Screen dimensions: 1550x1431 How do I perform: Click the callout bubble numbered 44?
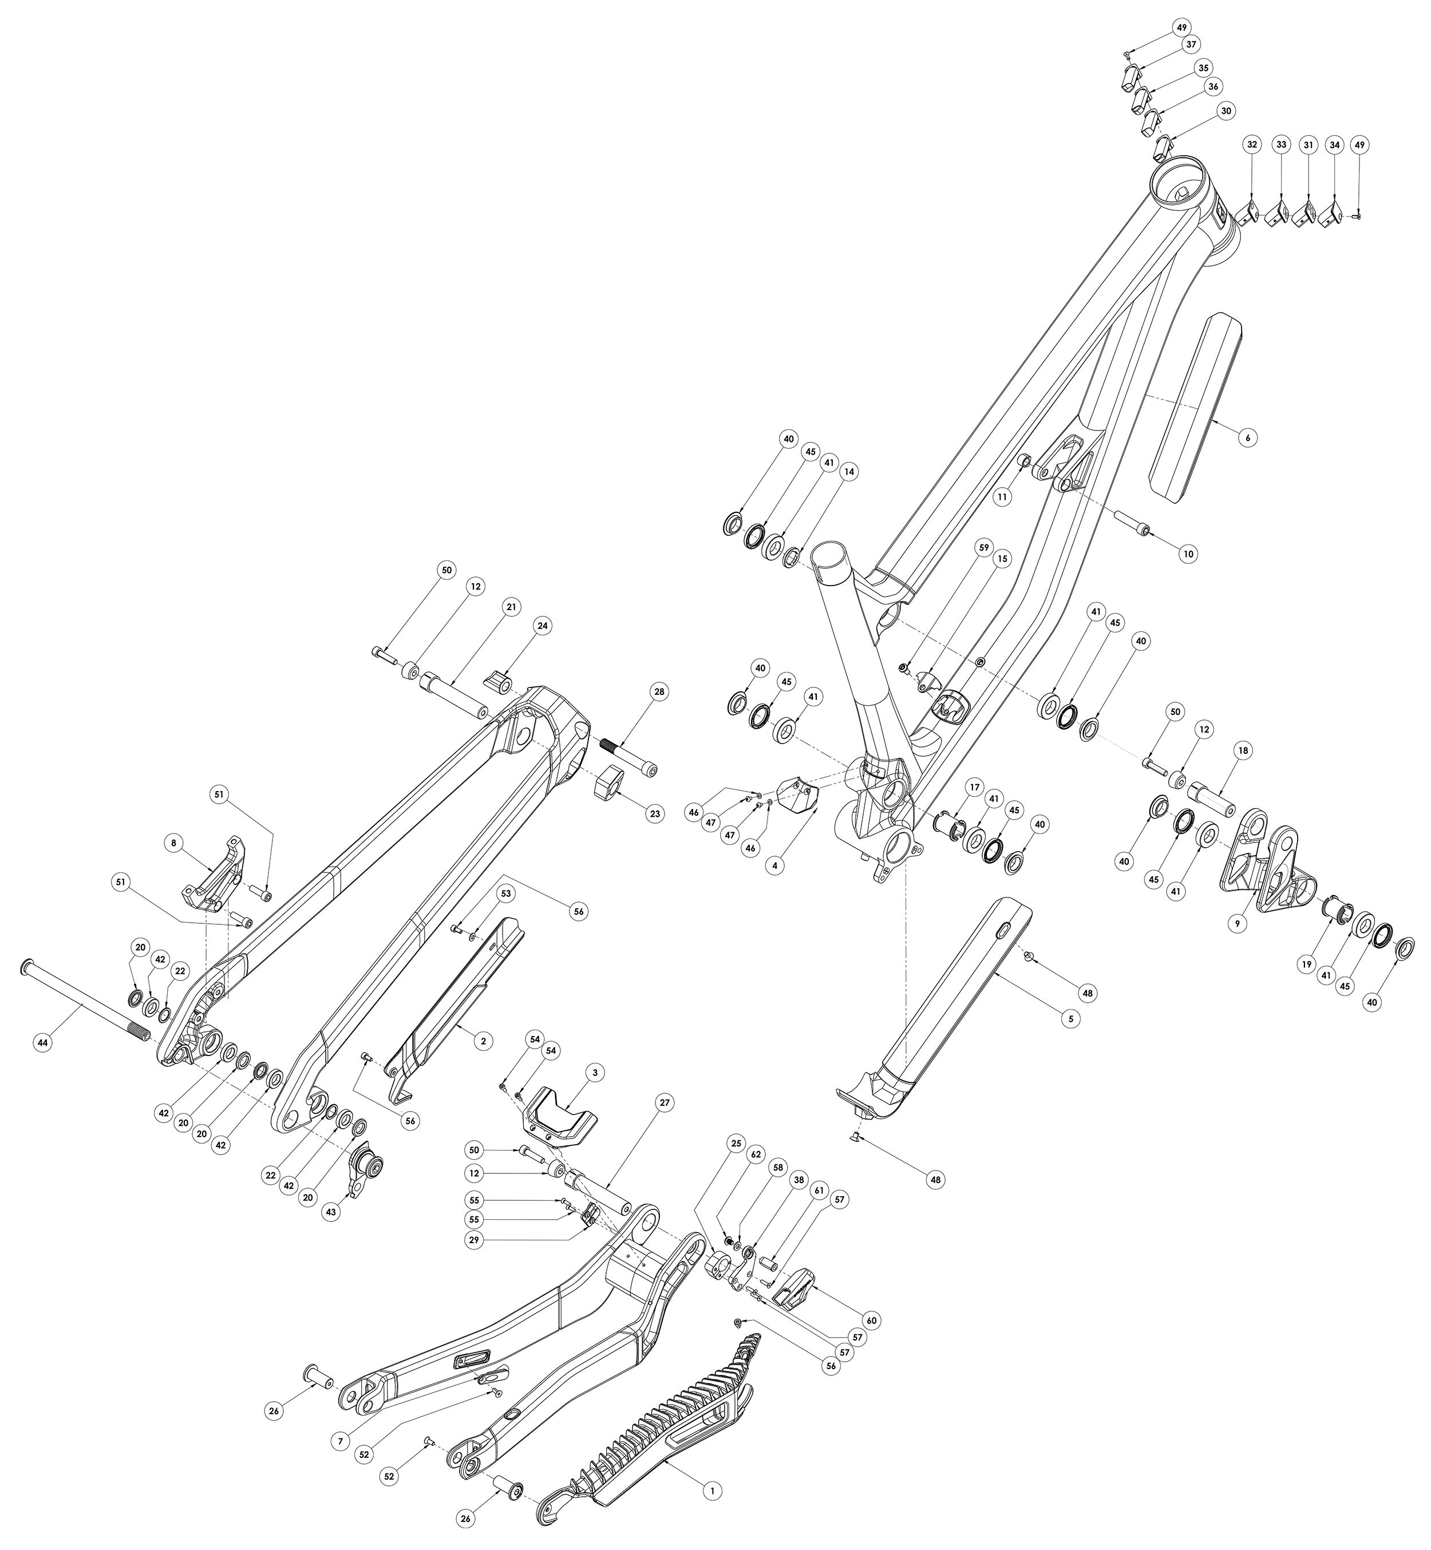[x=42, y=1043]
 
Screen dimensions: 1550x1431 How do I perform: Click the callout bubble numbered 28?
[x=659, y=691]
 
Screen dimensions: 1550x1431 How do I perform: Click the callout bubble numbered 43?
[x=332, y=1212]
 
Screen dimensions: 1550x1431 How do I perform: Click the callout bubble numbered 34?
[x=1334, y=144]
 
